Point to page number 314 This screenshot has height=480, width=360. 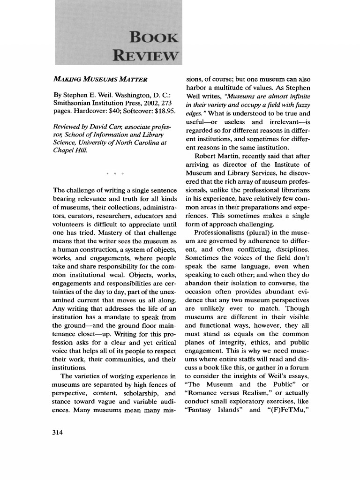click(x=58, y=432)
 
